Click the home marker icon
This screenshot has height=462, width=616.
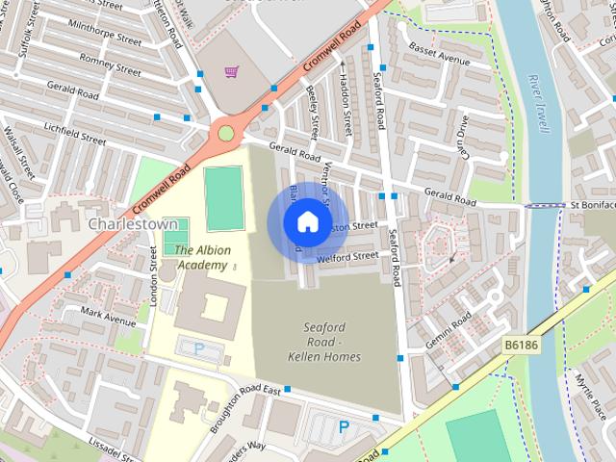[305, 222]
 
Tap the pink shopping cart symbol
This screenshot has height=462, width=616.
[231, 72]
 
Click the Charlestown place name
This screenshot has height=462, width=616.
[129, 222]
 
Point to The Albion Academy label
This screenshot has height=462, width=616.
[202, 257]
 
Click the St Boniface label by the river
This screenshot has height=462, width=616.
[591, 205]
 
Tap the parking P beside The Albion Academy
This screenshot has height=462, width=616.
[199, 348]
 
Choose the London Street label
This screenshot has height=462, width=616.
[153, 275]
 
